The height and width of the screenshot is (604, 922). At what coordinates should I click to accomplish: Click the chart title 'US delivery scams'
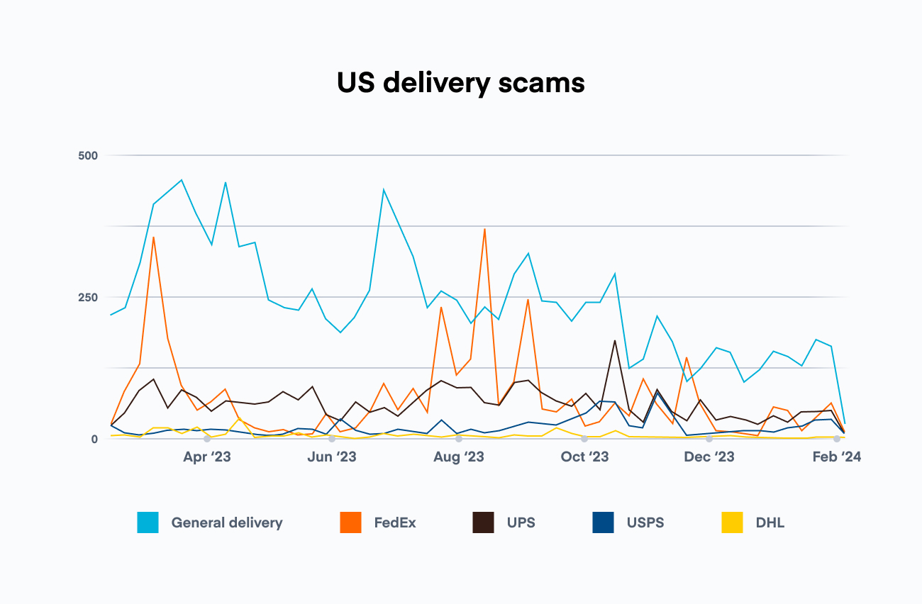click(x=461, y=84)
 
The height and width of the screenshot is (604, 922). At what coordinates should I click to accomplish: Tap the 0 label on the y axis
click(x=94, y=439)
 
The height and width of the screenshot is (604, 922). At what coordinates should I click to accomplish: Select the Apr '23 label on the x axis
click(x=206, y=457)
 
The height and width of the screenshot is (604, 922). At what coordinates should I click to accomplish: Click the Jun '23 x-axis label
click(x=331, y=457)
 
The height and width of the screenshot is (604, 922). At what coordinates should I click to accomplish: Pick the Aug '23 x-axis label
click(x=458, y=457)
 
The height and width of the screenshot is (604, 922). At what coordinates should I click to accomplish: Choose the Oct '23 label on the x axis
click(x=584, y=457)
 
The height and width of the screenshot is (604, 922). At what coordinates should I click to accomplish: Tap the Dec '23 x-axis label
click(x=709, y=457)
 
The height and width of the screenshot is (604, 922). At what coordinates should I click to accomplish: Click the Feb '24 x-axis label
click(x=837, y=457)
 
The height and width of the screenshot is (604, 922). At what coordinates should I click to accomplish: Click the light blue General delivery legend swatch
click(x=148, y=523)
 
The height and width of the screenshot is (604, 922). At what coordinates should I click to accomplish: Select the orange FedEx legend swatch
click(x=350, y=523)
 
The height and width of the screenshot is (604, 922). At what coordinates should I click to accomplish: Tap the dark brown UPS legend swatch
click(x=483, y=523)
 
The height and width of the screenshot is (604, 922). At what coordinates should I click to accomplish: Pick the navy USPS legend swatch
click(x=603, y=523)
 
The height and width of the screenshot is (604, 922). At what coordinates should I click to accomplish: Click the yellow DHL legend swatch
click(x=733, y=523)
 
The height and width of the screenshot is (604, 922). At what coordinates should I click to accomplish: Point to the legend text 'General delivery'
click(x=227, y=523)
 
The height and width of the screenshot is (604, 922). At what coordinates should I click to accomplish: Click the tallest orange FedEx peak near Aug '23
click(x=484, y=229)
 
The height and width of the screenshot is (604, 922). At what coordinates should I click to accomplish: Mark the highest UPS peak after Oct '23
click(x=614, y=340)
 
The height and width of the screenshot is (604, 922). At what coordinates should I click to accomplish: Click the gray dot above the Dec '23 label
click(x=709, y=439)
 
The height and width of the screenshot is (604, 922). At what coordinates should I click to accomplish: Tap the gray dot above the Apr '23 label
click(x=206, y=439)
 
